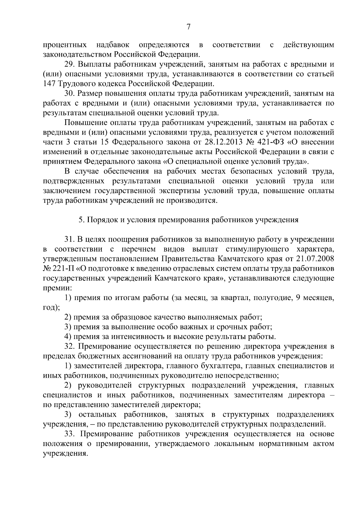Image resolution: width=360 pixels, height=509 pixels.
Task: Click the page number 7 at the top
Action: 188,27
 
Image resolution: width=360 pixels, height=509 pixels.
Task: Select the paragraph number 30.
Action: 70,94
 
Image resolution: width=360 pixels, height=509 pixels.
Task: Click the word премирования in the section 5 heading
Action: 184,220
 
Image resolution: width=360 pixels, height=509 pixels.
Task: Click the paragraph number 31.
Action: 70,240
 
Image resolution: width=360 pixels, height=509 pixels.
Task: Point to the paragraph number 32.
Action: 70,347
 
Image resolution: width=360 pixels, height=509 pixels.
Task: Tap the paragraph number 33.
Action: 70,434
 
